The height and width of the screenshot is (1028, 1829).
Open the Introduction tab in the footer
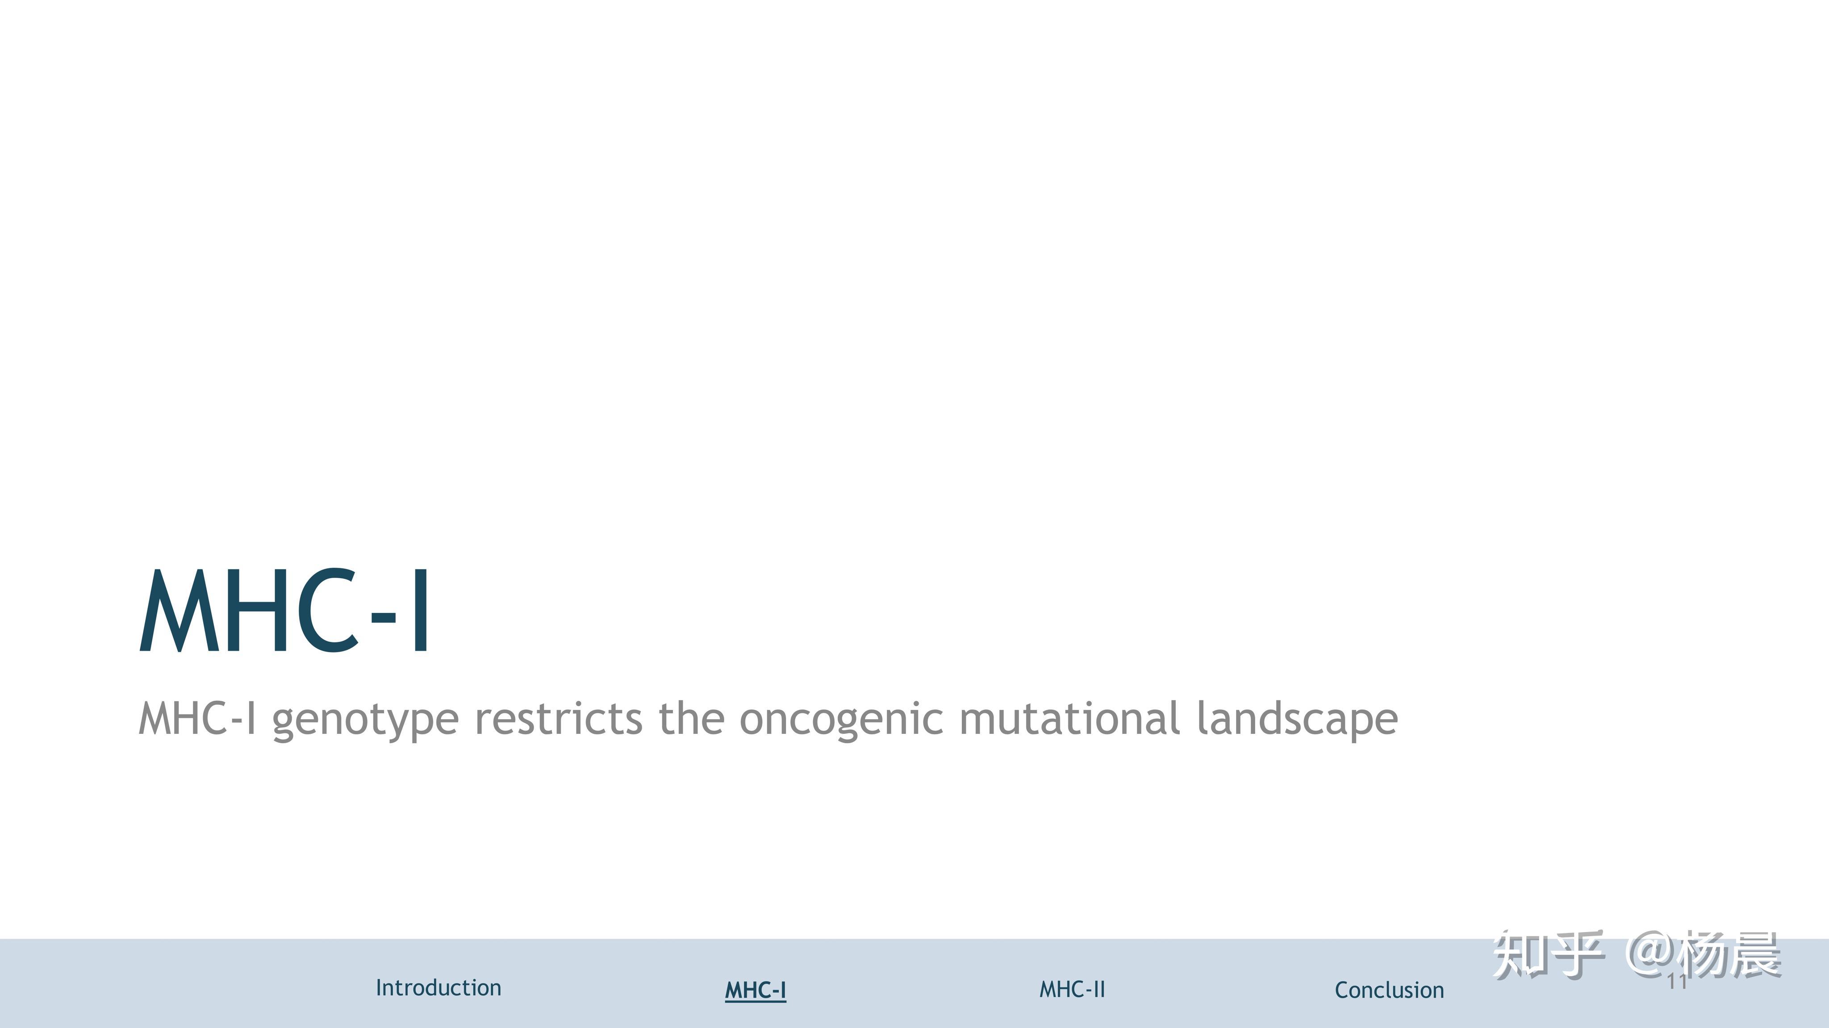438,987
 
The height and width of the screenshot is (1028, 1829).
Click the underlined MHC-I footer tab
756,990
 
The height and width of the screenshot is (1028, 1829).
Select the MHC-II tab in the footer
1072,989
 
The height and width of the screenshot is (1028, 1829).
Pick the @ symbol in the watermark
1651,955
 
